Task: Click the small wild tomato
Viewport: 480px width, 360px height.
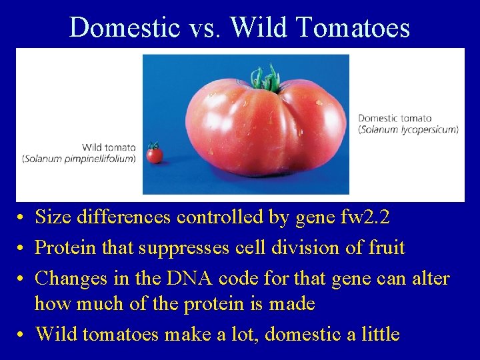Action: (155, 155)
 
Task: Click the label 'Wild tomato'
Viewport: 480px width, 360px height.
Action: (109, 147)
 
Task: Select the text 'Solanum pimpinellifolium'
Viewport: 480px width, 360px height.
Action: (79, 159)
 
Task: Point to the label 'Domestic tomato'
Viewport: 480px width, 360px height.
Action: (395, 118)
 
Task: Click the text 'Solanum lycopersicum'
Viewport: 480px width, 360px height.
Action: (408, 129)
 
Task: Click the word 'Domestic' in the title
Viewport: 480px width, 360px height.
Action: (125, 27)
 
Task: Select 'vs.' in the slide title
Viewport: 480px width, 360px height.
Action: (211, 27)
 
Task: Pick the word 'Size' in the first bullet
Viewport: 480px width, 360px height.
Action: (51, 217)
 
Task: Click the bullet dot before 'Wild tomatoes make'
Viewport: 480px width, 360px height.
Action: (22, 334)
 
